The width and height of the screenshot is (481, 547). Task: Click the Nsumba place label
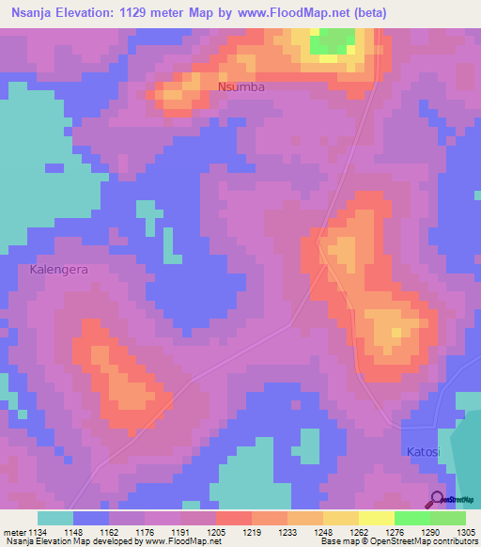[x=241, y=86]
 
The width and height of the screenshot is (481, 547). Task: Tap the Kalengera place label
[x=58, y=269]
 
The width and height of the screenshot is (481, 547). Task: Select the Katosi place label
[x=424, y=452]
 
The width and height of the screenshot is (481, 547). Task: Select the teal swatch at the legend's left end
[x=55, y=518]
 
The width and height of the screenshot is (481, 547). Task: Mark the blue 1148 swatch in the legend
[x=91, y=518]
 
